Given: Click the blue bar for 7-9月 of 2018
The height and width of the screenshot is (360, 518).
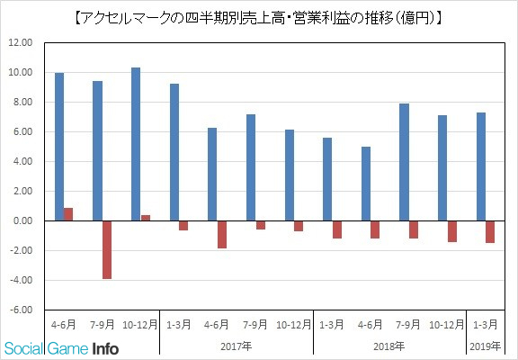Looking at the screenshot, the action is (404, 162).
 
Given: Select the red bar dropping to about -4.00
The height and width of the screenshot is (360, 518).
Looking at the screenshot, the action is (107, 250).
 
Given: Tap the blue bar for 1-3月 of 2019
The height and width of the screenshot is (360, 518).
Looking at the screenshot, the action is (481, 166).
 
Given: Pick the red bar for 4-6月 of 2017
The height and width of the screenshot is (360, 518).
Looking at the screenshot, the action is (222, 234).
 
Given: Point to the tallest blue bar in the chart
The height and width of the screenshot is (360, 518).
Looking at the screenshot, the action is (136, 145).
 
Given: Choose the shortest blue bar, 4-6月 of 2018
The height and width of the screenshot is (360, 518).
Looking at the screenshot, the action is (366, 184).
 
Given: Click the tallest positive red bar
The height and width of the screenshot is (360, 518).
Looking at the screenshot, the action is (68, 214).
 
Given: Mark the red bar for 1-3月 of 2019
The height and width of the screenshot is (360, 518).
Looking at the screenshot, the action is (490, 231).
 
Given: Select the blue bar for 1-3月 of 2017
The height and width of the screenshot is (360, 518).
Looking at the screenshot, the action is (174, 152).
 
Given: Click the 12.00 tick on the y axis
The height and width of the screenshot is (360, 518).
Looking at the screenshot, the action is (22, 43).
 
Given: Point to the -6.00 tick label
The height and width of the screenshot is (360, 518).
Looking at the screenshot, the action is (22, 310).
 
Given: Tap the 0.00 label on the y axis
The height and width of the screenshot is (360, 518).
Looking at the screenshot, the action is (23, 220).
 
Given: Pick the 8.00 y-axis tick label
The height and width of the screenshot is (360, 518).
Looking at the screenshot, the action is (23, 102).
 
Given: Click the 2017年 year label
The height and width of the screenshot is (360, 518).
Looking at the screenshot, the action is (237, 346).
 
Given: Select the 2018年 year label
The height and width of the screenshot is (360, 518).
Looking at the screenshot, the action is (389, 346).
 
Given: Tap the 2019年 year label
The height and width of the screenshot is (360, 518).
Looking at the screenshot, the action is (486, 346).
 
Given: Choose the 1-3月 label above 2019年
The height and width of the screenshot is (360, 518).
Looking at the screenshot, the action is (486, 325).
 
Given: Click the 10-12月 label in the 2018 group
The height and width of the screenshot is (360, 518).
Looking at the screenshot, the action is (447, 325).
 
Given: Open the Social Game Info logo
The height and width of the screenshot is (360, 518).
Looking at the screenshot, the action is (62, 348).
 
